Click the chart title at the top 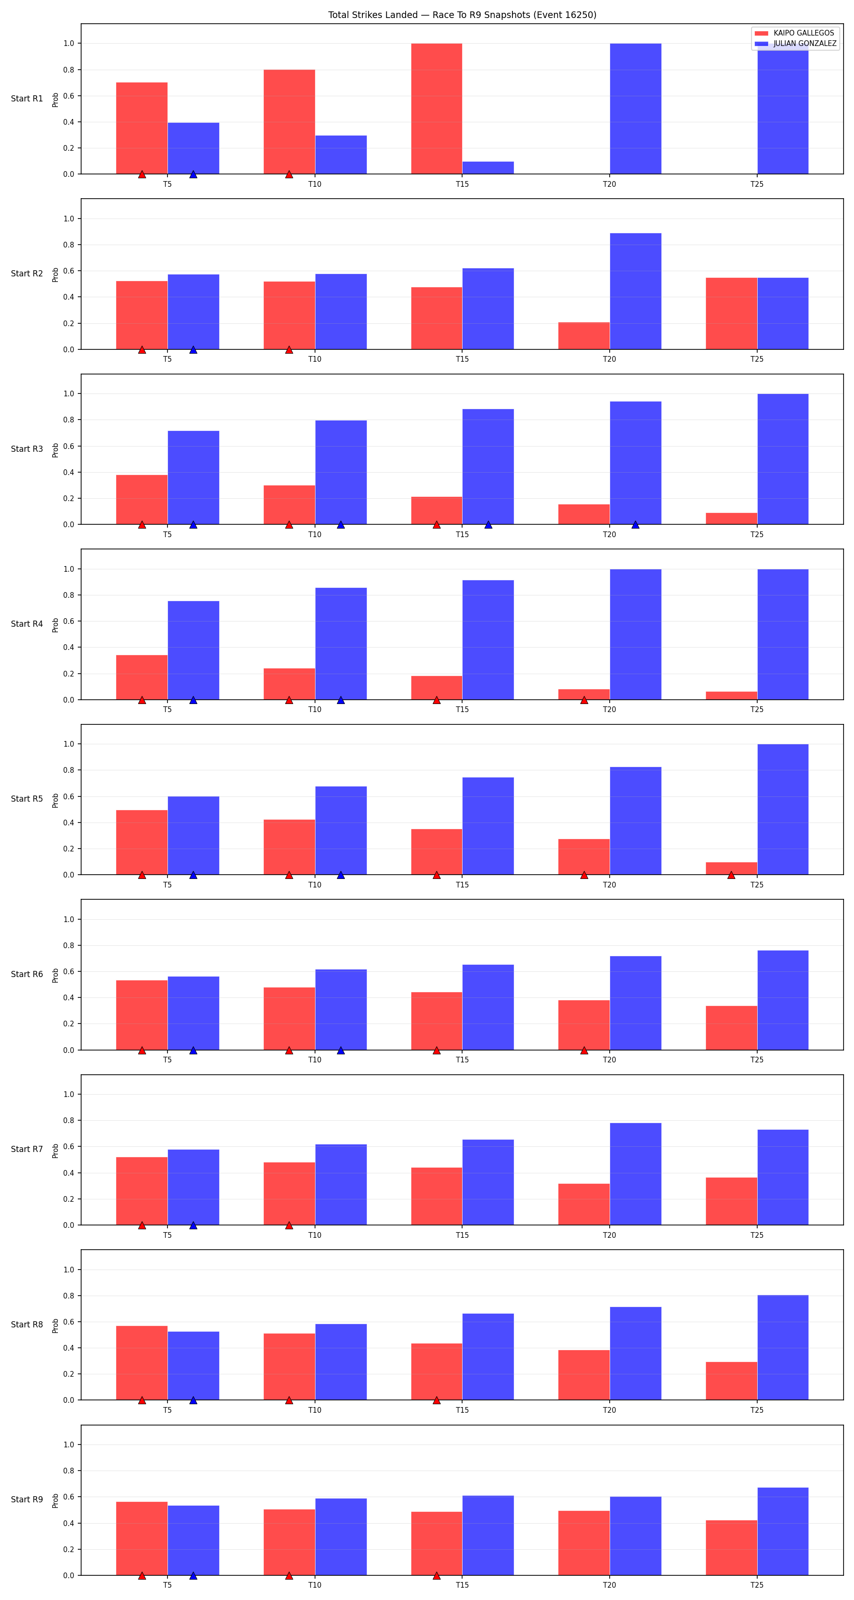(462, 15)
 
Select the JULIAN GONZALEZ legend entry (796, 44)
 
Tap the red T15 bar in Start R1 (436, 109)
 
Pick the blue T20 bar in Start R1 (635, 109)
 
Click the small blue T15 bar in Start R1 (488, 168)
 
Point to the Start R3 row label (27, 449)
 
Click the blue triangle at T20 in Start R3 (635, 525)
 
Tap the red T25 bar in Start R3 (731, 519)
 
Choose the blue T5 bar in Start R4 (193, 650)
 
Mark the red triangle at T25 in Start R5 (731, 875)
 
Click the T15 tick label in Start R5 (462, 885)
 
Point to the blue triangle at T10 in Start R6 (341, 1050)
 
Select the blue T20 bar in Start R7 (635, 1174)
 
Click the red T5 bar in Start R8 (142, 1363)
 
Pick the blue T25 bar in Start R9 (782, 1531)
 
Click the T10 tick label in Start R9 (315, 1584)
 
